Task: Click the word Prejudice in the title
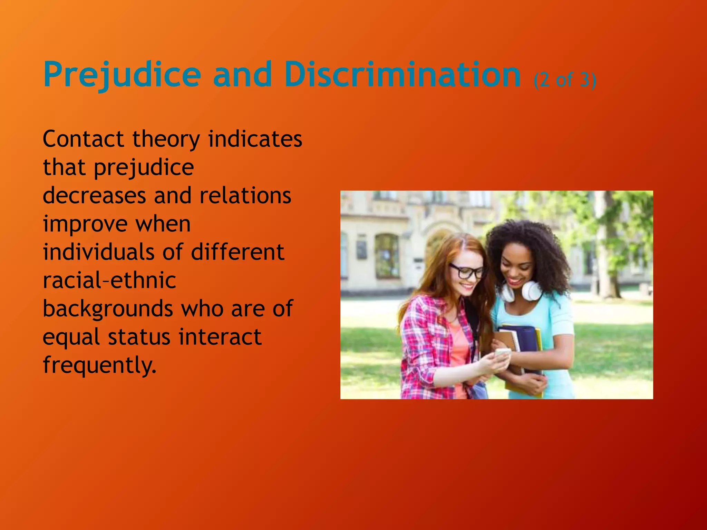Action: pos(122,75)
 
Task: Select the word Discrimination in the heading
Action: pos(403,74)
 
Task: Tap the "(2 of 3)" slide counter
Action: pos(565,80)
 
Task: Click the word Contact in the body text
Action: pos(83,139)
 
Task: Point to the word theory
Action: pos(166,140)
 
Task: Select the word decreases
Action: pos(94,196)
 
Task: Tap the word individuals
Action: pos(98,252)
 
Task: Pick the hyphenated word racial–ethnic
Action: pos(109,280)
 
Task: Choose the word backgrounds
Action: pos(108,309)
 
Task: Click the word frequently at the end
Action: pos(99,365)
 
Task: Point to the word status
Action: pos(139,337)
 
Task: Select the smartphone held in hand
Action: pos(502,354)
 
